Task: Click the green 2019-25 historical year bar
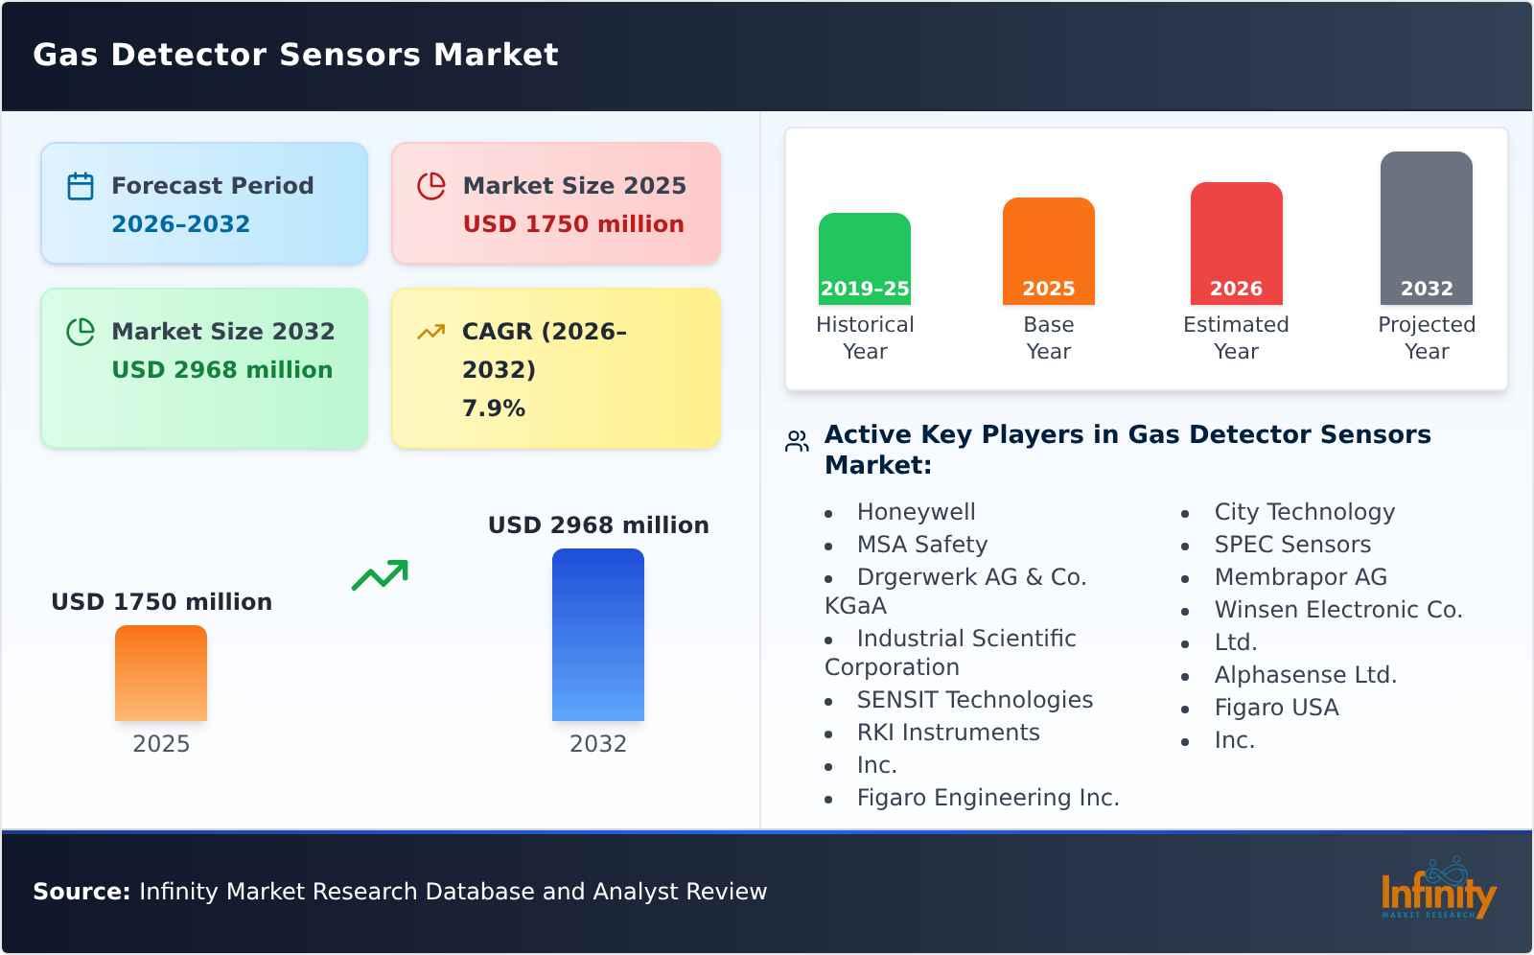pos(864,257)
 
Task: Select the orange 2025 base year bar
pos(1048,249)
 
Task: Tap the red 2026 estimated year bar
pos(1236,242)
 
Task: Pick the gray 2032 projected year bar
pos(1426,226)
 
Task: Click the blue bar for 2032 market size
pos(597,634)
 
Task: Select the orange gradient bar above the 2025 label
pos(161,672)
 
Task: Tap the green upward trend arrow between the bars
pos(380,574)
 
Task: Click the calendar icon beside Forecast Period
pos(81,186)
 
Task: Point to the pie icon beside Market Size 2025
pos(431,186)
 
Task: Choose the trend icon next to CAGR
pos(430,332)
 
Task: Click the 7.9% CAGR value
pos(493,408)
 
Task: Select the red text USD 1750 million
pos(573,224)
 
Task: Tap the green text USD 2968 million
pos(221,370)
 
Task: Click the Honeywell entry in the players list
pos(916,512)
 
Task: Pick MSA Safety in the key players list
pos(921,545)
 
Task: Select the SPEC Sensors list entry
pos(1292,545)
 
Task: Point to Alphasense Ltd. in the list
pos(1305,675)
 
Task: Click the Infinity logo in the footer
pos(1437,890)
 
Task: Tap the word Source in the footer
pos(81,892)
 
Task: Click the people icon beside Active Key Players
pos(797,441)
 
